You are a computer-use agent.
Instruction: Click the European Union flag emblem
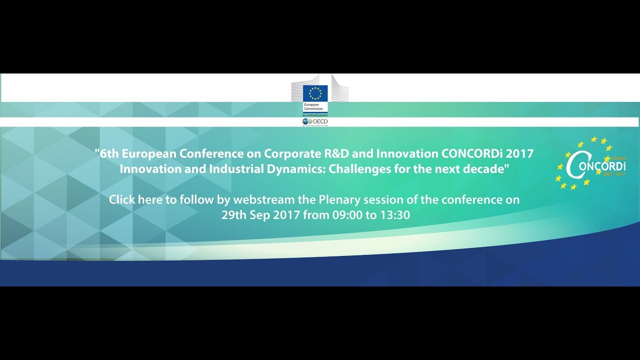pyautogui.click(x=315, y=93)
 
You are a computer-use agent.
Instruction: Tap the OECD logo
pyautogui.click(x=315, y=121)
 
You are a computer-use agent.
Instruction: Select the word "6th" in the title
pyautogui.click(x=109, y=153)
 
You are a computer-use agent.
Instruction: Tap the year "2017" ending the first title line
pyautogui.click(x=520, y=153)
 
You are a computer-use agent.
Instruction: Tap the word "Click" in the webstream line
pyautogui.click(x=121, y=200)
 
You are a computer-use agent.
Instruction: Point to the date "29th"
pyautogui.click(x=233, y=215)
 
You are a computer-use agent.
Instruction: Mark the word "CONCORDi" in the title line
pyautogui.click(x=475, y=153)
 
